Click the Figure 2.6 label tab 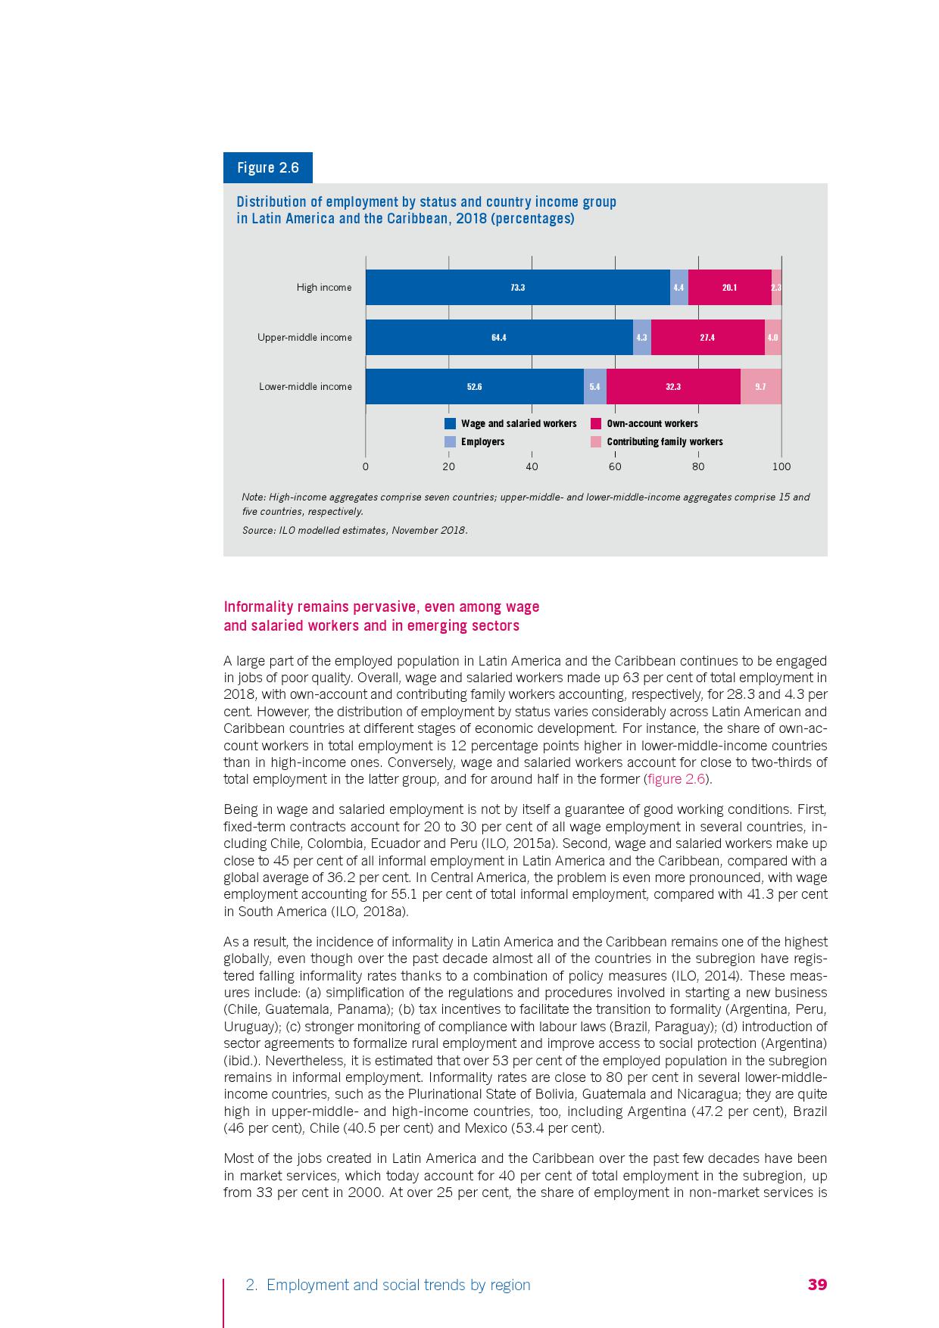coord(267,167)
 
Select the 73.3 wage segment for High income coord(518,288)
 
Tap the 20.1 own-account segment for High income coord(729,288)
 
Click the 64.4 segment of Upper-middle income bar coord(499,338)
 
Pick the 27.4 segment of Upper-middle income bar coord(707,338)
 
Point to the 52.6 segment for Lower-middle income coord(475,387)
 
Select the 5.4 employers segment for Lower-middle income coord(594,387)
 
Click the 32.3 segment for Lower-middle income coord(673,387)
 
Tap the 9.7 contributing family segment coord(760,387)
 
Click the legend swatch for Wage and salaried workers coord(450,424)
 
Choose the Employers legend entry coord(482,442)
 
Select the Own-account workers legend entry coord(652,424)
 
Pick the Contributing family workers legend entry coord(664,442)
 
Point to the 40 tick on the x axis coord(532,467)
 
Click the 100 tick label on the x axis coord(781,467)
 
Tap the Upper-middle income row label coord(304,338)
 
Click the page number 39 coord(817,1285)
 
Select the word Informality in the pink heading coord(254,607)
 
